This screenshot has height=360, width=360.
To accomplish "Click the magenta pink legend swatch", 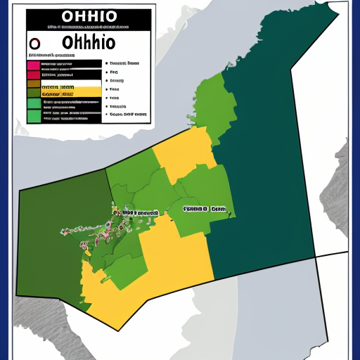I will pyautogui.click(x=33, y=65).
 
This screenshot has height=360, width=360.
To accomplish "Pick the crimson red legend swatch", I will pyautogui.click(x=33, y=74).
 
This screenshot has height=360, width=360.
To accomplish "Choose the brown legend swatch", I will pyautogui.click(x=33, y=83).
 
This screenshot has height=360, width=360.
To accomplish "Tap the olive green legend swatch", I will pyautogui.click(x=33, y=92).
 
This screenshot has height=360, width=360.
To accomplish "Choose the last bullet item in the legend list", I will pyautogui.click(x=127, y=113).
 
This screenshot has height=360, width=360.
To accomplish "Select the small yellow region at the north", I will pyautogui.click(x=184, y=151).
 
